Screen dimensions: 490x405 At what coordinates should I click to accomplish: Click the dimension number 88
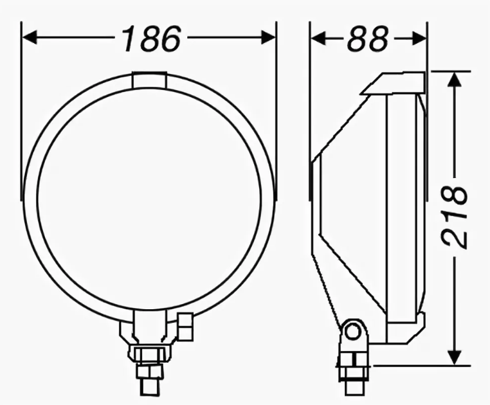[x=368, y=39]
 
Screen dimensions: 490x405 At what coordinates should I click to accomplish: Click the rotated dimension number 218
[x=455, y=217]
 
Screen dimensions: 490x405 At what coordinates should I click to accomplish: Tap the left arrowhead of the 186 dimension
[x=30, y=37]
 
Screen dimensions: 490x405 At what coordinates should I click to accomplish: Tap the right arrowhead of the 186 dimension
[x=268, y=37]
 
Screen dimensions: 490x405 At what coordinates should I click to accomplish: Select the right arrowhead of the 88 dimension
[x=419, y=39]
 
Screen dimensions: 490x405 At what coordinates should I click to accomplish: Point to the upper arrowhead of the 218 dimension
[x=455, y=80]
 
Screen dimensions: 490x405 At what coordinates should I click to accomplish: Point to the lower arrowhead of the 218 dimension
[x=455, y=357]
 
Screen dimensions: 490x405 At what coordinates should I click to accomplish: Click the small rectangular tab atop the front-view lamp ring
[x=149, y=80]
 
